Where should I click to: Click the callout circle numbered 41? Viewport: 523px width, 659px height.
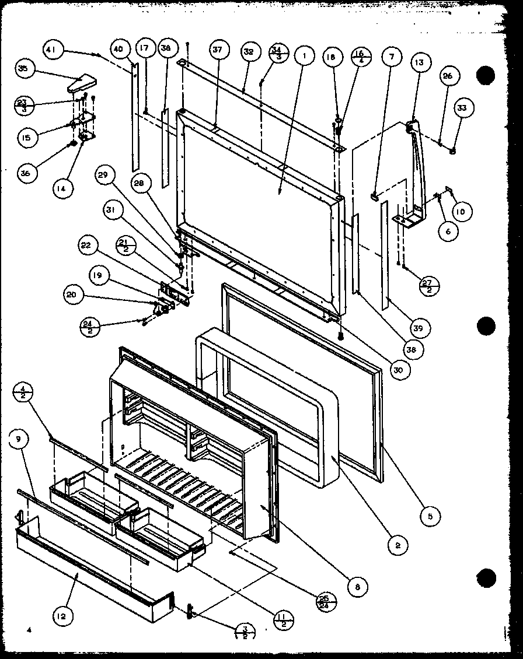click(52, 50)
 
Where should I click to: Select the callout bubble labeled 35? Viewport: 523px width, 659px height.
click(23, 69)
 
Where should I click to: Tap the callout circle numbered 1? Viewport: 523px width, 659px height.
click(304, 56)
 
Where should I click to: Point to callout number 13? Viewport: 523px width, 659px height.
click(420, 62)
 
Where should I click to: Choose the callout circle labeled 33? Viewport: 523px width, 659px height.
click(462, 108)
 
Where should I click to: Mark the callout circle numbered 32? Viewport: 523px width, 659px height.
click(249, 52)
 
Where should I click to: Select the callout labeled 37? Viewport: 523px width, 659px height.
click(217, 51)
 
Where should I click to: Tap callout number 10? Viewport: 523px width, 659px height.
click(461, 212)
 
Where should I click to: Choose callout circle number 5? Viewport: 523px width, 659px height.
click(428, 515)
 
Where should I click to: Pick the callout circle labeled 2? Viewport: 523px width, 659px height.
click(398, 545)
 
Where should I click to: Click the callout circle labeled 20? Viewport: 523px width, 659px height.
click(71, 296)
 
